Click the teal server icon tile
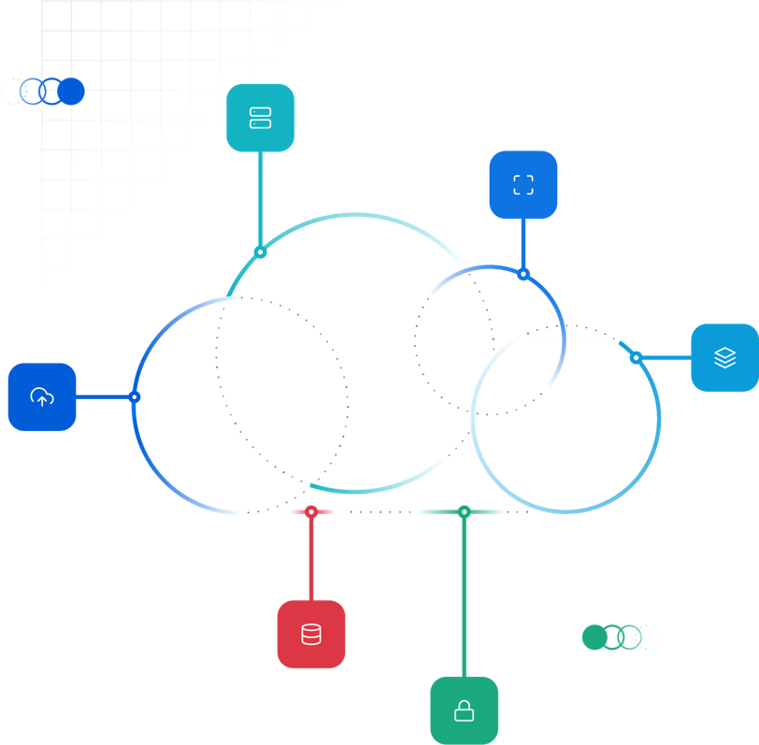click(261, 118)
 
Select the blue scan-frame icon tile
click(523, 184)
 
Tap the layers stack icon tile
click(724, 358)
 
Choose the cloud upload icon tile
click(42, 397)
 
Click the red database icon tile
click(311, 635)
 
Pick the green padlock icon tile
click(464, 712)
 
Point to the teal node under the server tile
click(260, 252)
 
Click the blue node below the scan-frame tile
click(523, 274)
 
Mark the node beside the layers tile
click(636, 358)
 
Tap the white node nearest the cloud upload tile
click(135, 397)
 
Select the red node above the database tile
click(311, 511)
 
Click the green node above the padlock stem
click(465, 511)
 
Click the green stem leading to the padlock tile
click(464, 598)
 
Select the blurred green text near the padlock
click(617, 638)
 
